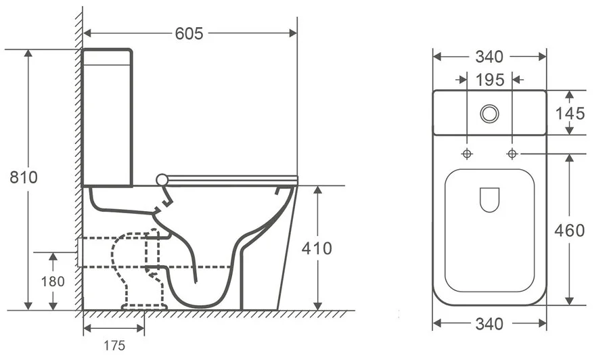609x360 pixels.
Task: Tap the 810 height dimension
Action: (x=23, y=177)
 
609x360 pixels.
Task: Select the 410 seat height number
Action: (x=317, y=248)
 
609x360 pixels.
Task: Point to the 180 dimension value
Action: (x=52, y=280)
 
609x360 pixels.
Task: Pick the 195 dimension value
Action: (x=489, y=80)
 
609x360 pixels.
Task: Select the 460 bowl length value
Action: (x=570, y=230)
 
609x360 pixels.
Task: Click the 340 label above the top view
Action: (x=489, y=57)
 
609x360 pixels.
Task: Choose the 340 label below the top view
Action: (x=489, y=324)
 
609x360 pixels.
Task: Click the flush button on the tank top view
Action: (x=489, y=113)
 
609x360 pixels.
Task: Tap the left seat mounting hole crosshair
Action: (x=467, y=153)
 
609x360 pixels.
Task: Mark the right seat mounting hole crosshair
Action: (x=512, y=153)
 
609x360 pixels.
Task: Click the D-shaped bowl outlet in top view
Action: (x=489, y=199)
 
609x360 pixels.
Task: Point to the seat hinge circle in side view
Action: (x=161, y=179)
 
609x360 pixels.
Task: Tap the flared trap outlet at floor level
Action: (x=143, y=304)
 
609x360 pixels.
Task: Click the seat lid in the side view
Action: (x=230, y=179)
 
